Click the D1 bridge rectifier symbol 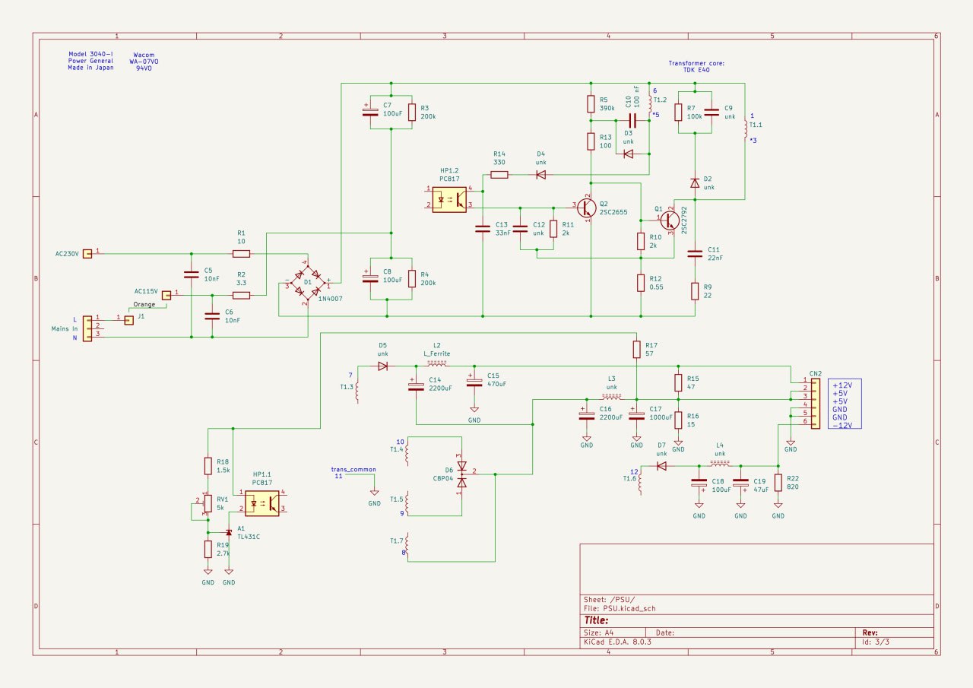(x=307, y=284)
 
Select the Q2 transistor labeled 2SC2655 (x=585, y=207)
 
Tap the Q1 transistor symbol (x=669, y=220)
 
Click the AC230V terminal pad (x=87, y=254)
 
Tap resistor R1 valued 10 (x=241, y=253)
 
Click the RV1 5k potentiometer (x=208, y=503)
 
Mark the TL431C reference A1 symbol (x=228, y=532)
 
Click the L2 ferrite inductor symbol (x=436, y=364)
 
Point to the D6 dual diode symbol (x=461, y=474)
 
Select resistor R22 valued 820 (x=778, y=483)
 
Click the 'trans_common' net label (x=353, y=470)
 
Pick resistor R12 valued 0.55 (x=641, y=283)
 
